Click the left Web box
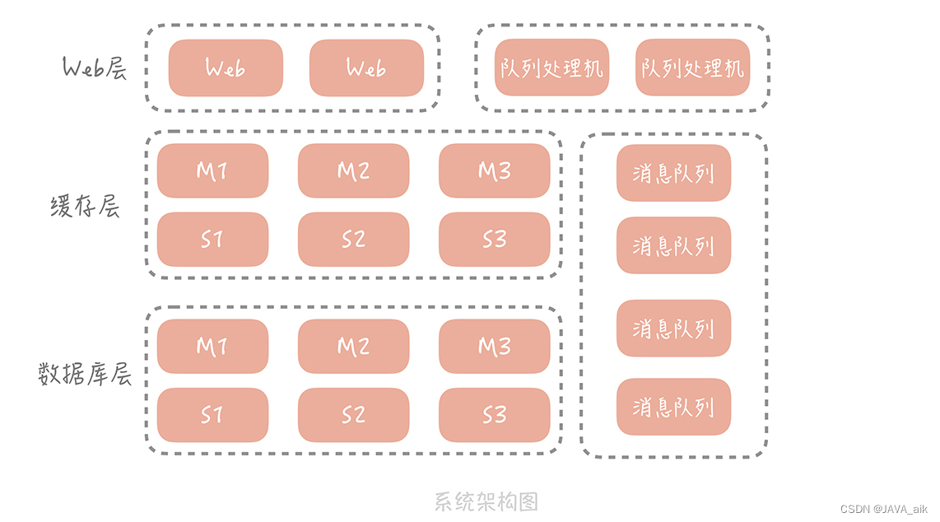pos(226,68)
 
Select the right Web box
pos(366,68)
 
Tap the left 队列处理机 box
pos(551,68)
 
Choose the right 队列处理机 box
pos(693,68)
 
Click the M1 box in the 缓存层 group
pos(212,170)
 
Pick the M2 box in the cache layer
pos(353,170)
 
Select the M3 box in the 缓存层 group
pos(494,170)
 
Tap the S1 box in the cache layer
pos(212,240)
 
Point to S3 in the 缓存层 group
pos(494,240)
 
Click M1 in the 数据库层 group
pos(212,347)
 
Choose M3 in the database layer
pos(494,347)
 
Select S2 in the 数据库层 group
pos(353,415)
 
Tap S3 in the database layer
pos(494,415)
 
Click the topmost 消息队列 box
pos(673,174)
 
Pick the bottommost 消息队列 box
pos(673,407)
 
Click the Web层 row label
pos(95,68)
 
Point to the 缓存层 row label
pos(86,206)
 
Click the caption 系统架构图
pos(486,501)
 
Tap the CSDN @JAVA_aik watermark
pos(891,510)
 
